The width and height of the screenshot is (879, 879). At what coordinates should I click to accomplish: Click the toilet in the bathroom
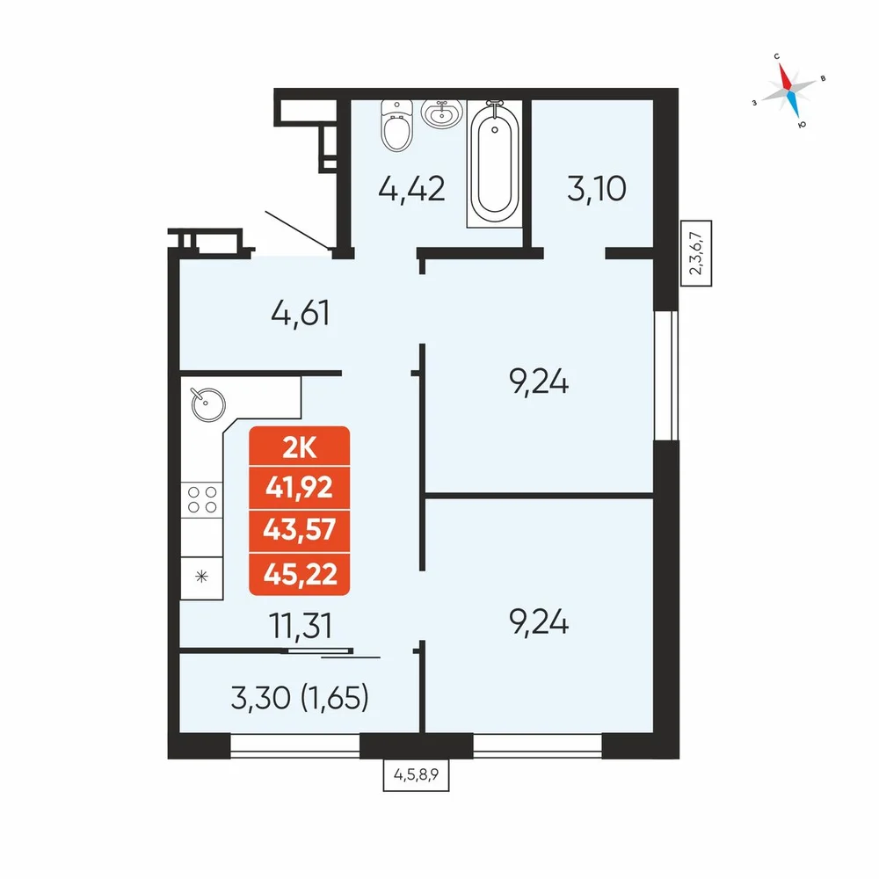click(x=396, y=126)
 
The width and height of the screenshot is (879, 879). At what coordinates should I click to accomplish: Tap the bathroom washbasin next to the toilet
click(x=442, y=113)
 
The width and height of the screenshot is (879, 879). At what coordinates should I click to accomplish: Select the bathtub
click(x=494, y=162)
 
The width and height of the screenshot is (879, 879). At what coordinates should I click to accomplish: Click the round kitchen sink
click(x=208, y=403)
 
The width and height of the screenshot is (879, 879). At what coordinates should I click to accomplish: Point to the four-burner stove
click(x=202, y=499)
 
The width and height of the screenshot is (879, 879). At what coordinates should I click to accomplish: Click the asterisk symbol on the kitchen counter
click(x=202, y=577)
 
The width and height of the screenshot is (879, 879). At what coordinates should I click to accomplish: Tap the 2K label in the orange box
click(x=300, y=448)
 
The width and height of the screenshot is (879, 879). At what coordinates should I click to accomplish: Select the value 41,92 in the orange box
click(x=300, y=488)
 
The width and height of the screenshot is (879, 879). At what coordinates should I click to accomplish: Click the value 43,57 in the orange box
click(x=300, y=530)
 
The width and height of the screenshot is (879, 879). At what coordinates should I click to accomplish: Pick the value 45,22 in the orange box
click(x=300, y=574)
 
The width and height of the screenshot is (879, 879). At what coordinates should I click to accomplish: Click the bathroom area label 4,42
click(x=412, y=189)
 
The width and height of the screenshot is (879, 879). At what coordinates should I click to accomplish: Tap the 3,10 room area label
click(x=597, y=188)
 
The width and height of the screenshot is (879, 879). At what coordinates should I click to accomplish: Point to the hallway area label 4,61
click(x=301, y=314)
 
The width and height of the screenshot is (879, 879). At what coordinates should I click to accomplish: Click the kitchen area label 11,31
click(x=301, y=626)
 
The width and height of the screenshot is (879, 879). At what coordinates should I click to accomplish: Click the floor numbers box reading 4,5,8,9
click(x=416, y=775)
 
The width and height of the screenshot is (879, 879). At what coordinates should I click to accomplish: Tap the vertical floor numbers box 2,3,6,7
click(x=695, y=253)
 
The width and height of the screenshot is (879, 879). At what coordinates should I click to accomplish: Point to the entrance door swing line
click(x=297, y=229)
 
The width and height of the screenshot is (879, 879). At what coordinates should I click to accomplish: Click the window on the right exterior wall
click(x=666, y=375)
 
